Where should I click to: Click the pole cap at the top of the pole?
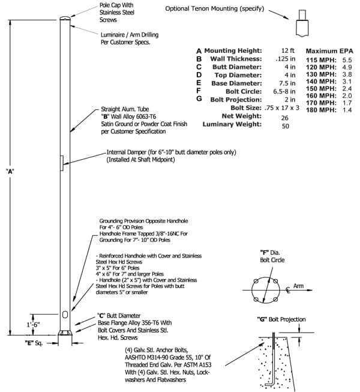pyautogui.click(x=65, y=18)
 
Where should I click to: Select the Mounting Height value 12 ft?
pyautogui.click(x=288, y=50)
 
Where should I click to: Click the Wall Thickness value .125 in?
pyautogui.click(x=286, y=59)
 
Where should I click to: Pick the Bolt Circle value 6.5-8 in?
pyautogui.click(x=284, y=91)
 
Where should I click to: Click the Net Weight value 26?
pyautogui.click(x=285, y=118)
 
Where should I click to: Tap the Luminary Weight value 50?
pyautogui.click(x=286, y=125)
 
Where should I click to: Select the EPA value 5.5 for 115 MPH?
pyautogui.click(x=347, y=60)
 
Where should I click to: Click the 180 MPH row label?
pyautogui.click(x=321, y=110)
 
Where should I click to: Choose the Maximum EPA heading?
pyautogui.click(x=329, y=51)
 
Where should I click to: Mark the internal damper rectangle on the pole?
pyautogui.click(x=61, y=163)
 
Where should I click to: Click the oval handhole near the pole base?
pyautogui.click(x=65, y=315)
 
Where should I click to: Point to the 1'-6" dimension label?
pyautogui.click(x=33, y=325)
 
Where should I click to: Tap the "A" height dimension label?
pyautogui.click(x=10, y=171)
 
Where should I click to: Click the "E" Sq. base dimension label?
pyautogui.click(x=34, y=343)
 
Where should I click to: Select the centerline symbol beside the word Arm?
pyautogui.click(x=288, y=290)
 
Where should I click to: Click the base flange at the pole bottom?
pyautogui.click(x=65, y=333)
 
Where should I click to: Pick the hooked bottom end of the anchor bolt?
pyautogui.click(x=270, y=384)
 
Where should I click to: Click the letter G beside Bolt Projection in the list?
pyautogui.click(x=199, y=98)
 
